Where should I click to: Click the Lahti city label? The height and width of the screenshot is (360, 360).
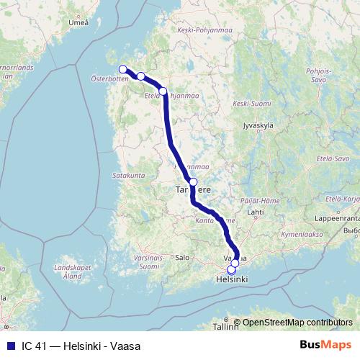coord(255,213)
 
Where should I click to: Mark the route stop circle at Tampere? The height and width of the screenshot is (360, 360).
coord(193,181)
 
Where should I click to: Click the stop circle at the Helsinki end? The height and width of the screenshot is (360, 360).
coord(230,271)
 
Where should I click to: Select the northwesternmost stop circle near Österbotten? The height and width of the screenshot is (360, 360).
coord(122,69)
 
